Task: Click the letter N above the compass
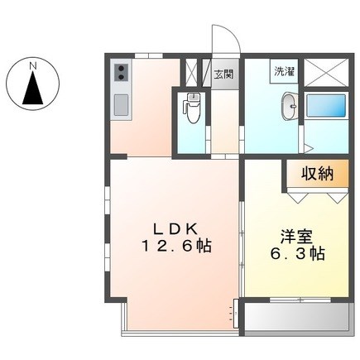click(33, 66)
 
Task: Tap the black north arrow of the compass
click(33, 88)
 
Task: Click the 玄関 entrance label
click(224, 74)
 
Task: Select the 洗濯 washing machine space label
click(284, 71)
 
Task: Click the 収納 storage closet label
click(317, 174)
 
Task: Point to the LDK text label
click(175, 228)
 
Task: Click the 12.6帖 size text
click(176, 246)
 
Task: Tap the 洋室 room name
click(296, 237)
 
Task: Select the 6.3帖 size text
click(297, 254)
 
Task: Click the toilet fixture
click(192, 108)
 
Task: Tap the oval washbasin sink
click(290, 106)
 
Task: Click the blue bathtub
click(326, 105)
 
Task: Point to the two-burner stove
click(122, 72)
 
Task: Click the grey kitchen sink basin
click(122, 105)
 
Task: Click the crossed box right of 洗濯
click(326, 72)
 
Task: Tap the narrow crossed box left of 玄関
click(191, 72)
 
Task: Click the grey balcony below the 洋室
click(297, 319)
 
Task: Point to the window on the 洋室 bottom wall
click(300, 300)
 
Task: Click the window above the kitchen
click(149, 55)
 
